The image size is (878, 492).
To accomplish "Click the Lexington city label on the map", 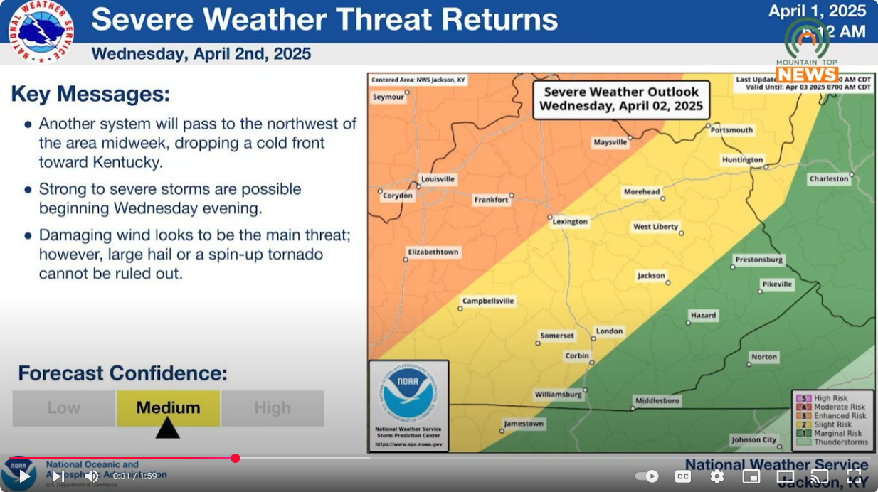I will (x=571, y=222).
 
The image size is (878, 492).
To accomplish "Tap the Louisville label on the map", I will (x=438, y=179).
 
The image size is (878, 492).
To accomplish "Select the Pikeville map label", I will (x=777, y=284).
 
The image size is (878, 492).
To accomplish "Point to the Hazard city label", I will (x=704, y=316).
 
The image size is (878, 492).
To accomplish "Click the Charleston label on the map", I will (x=829, y=179).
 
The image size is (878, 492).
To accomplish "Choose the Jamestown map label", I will (x=524, y=424).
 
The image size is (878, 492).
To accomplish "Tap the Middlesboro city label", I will (x=657, y=401).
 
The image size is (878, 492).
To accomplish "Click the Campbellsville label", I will (x=488, y=301).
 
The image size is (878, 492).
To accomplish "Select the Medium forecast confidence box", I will (x=168, y=408).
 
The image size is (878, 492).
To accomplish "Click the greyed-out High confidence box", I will (x=273, y=408).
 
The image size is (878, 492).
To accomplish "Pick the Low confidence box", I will (x=64, y=408).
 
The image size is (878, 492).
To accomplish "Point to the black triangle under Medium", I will (x=167, y=428).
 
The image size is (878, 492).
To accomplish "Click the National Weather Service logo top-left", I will (x=41, y=32).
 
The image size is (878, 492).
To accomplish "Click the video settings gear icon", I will (x=717, y=476).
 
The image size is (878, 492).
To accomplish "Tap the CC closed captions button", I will (x=683, y=476).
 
